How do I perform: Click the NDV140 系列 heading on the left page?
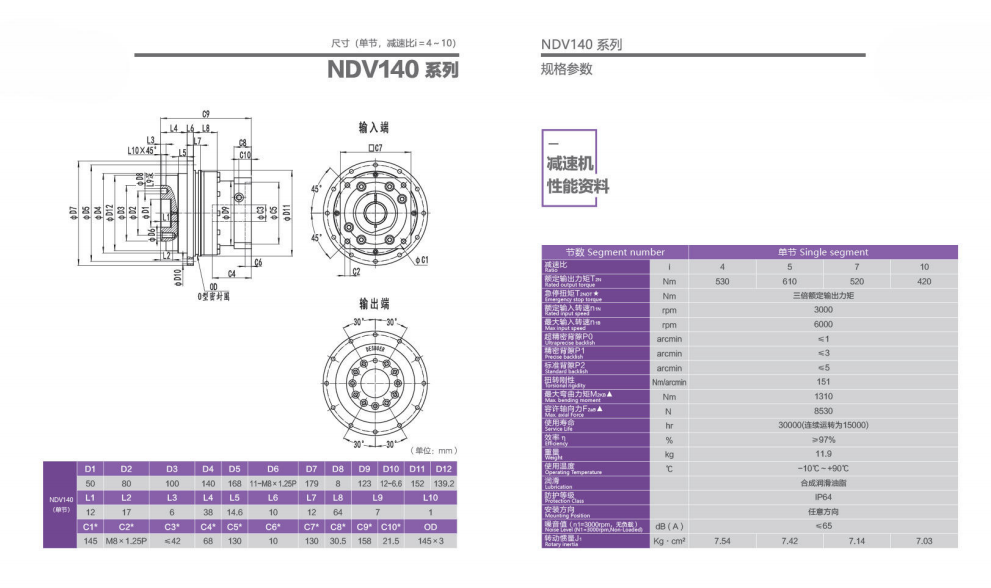[x=392, y=71]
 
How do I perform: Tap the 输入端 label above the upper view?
[x=374, y=128]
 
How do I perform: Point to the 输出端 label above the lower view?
[x=374, y=303]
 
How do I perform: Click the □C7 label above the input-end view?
[x=374, y=147]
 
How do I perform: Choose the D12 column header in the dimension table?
[x=445, y=468]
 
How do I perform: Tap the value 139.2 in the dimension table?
[x=445, y=483]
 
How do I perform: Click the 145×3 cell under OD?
[x=431, y=541]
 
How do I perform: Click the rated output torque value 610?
[x=789, y=282]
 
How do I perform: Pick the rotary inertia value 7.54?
[x=722, y=541]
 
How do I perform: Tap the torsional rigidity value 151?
[x=823, y=381]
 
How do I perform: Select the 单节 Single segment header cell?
[x=823, y=252]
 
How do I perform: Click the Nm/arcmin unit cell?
[x=669, y=381]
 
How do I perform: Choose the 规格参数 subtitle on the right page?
[x=566, y=70]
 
